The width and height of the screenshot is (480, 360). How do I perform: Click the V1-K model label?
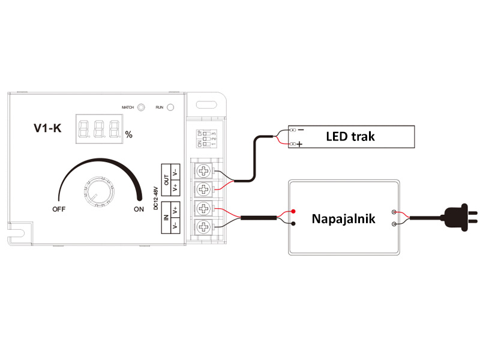(47, 128)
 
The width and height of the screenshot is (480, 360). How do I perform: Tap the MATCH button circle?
(142, 107)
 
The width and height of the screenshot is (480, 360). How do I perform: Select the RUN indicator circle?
(170, 107)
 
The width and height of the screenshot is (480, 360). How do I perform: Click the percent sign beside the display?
(128, 134)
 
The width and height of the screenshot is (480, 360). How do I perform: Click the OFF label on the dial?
(59, 209)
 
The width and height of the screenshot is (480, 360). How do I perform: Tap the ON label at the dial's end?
(139, 209)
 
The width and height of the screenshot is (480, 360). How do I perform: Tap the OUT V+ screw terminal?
(205, 190)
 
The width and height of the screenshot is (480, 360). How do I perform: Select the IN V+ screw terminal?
(205, 209)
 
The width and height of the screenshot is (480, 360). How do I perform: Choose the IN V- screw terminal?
(205, 227)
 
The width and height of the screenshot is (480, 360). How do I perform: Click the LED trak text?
(350, 136)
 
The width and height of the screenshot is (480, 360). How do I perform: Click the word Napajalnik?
(343, 218)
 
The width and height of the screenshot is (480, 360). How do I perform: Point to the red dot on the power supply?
(294, 211)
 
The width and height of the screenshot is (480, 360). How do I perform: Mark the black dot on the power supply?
(294, 224)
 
